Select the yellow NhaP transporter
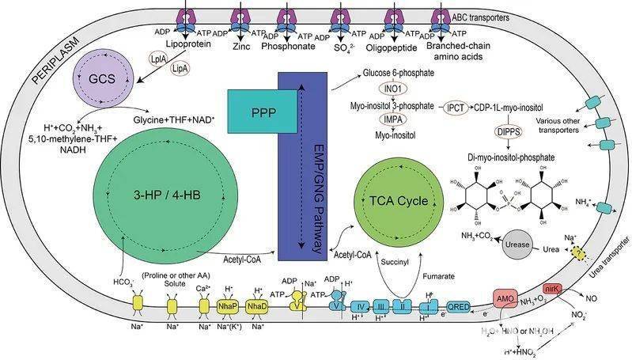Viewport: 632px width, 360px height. point(228,306)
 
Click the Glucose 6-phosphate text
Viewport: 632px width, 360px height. point(394,72)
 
